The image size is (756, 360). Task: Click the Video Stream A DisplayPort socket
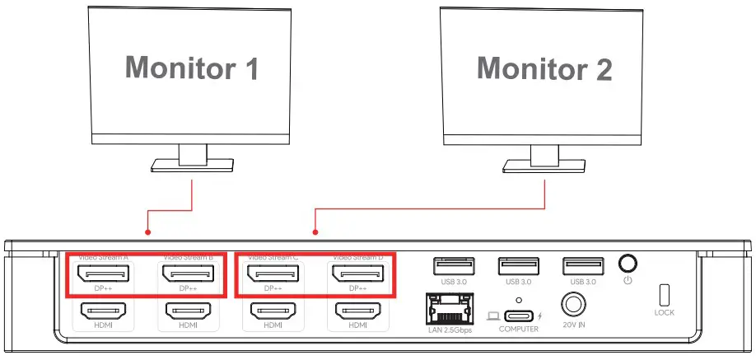(x=103, y=273)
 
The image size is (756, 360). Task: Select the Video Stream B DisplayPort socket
(x=188, y=273)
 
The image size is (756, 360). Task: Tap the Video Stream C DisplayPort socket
(x=273, y=273)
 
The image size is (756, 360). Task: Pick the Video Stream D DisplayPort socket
(x=357, y=273)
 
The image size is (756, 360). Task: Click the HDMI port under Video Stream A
(x=103, y=311)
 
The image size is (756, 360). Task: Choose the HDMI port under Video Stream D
(x=357, y=311)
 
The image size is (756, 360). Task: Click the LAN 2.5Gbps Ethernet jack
(x=446, y=308)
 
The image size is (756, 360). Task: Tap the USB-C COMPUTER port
(x=518, y=315)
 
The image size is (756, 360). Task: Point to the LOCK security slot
(x=664, y=295)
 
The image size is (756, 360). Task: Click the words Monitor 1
(x=192, y=68)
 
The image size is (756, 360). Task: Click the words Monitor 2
(x=544, y=68)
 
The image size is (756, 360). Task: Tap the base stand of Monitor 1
(x=193, y=167)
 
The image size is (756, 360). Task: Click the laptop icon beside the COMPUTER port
(x=492, y=316)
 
